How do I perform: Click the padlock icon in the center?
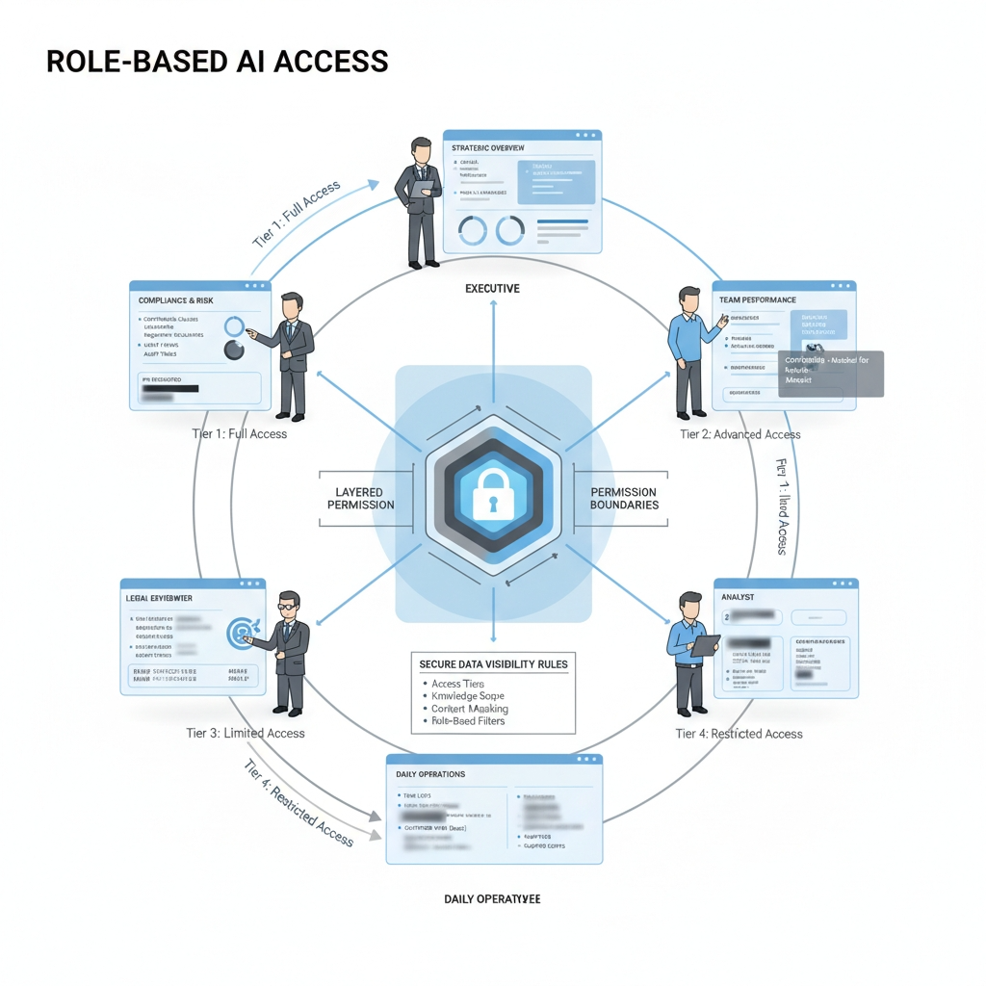(492, 493)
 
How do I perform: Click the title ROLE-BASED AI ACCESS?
(217, 62)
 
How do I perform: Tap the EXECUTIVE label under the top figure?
(492, 288)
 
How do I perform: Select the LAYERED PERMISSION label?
(360, 499)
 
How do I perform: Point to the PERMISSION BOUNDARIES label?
(624, 499)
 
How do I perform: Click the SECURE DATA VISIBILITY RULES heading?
(493, 664)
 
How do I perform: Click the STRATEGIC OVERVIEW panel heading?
(488, 147)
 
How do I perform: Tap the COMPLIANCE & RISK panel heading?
(177, 300)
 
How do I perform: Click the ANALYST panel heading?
(738, 598)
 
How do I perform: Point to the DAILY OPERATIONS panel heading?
(430, 774)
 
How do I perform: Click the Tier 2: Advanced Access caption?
(739, 434)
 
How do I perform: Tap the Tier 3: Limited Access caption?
(246, 733)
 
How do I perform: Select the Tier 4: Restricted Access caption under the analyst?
(739, 734)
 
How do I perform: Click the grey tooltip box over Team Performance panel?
(829, 374)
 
